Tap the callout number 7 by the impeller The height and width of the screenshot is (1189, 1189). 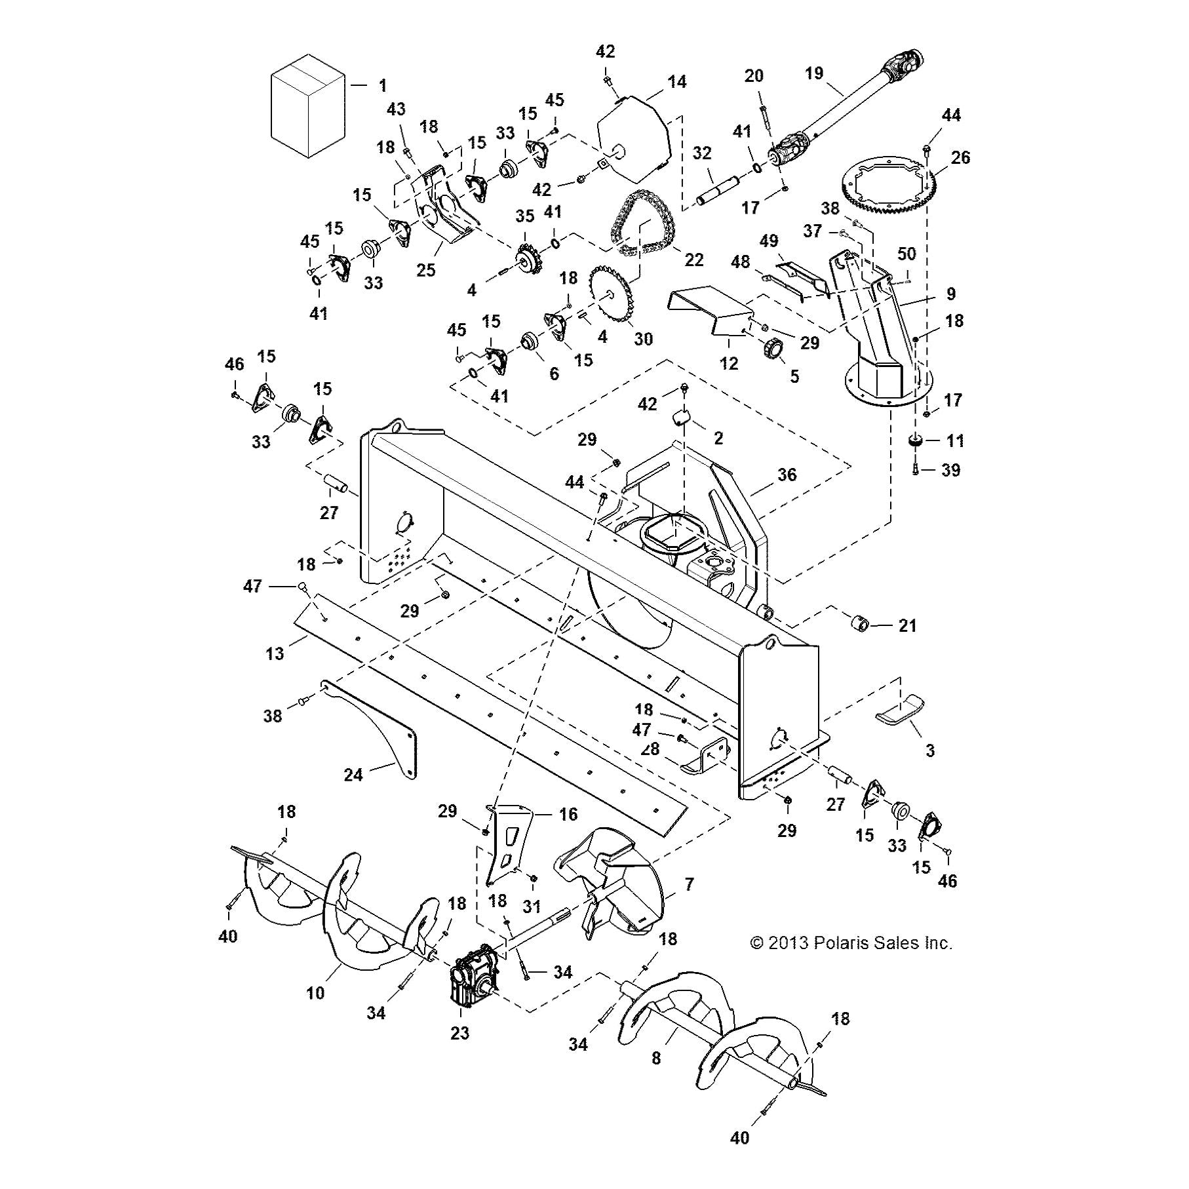(688, 885)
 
